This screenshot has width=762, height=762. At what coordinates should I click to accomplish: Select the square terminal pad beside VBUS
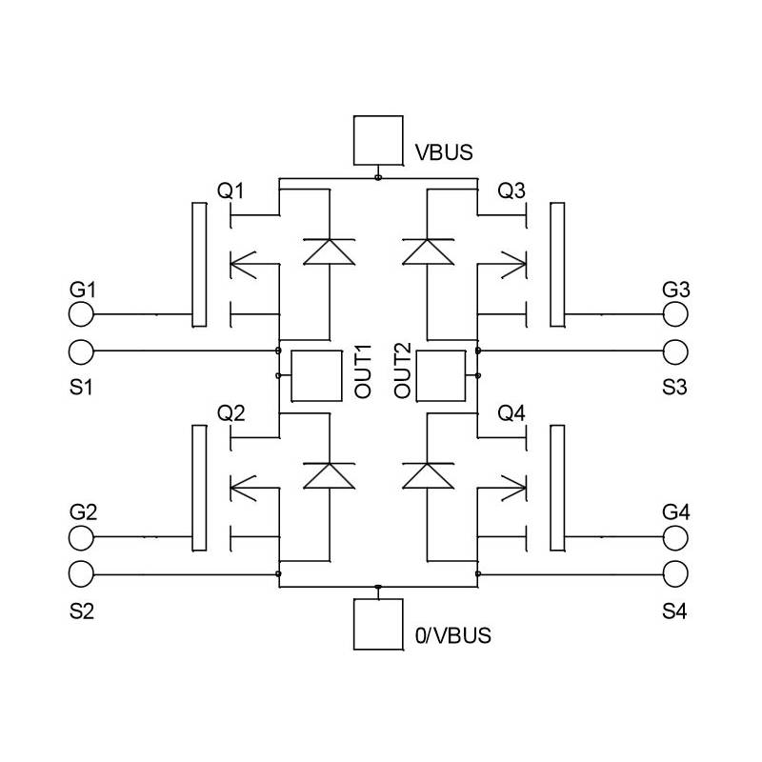click(378, 141)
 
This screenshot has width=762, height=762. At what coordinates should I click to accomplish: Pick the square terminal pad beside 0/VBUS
click(378, 625)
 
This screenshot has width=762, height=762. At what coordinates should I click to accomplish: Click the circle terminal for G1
click(82, 314)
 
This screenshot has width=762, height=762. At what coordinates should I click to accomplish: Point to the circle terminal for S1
click(82, 351)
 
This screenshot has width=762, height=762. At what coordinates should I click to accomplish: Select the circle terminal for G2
click(82, 538)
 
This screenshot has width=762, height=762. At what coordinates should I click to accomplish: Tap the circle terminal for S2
click(82, 574)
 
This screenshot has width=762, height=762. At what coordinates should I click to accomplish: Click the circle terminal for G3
click(676, 314)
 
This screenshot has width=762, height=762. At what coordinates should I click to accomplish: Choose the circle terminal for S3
click(676, 351)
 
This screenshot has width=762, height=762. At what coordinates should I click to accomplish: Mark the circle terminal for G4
click(676, 538)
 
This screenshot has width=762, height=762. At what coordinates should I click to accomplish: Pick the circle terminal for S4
click(676, 574)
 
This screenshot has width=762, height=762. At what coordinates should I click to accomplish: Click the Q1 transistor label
click(231, 190)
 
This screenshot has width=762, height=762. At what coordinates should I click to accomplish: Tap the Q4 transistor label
click(511, 413)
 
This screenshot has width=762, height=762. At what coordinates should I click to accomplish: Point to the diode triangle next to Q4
click(428, 474)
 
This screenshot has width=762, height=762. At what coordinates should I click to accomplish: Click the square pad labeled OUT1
click(315, 375)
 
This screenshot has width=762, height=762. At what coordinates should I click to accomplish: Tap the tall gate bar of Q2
click(199, 488)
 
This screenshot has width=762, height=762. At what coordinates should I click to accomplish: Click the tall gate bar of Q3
click(556, 264)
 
